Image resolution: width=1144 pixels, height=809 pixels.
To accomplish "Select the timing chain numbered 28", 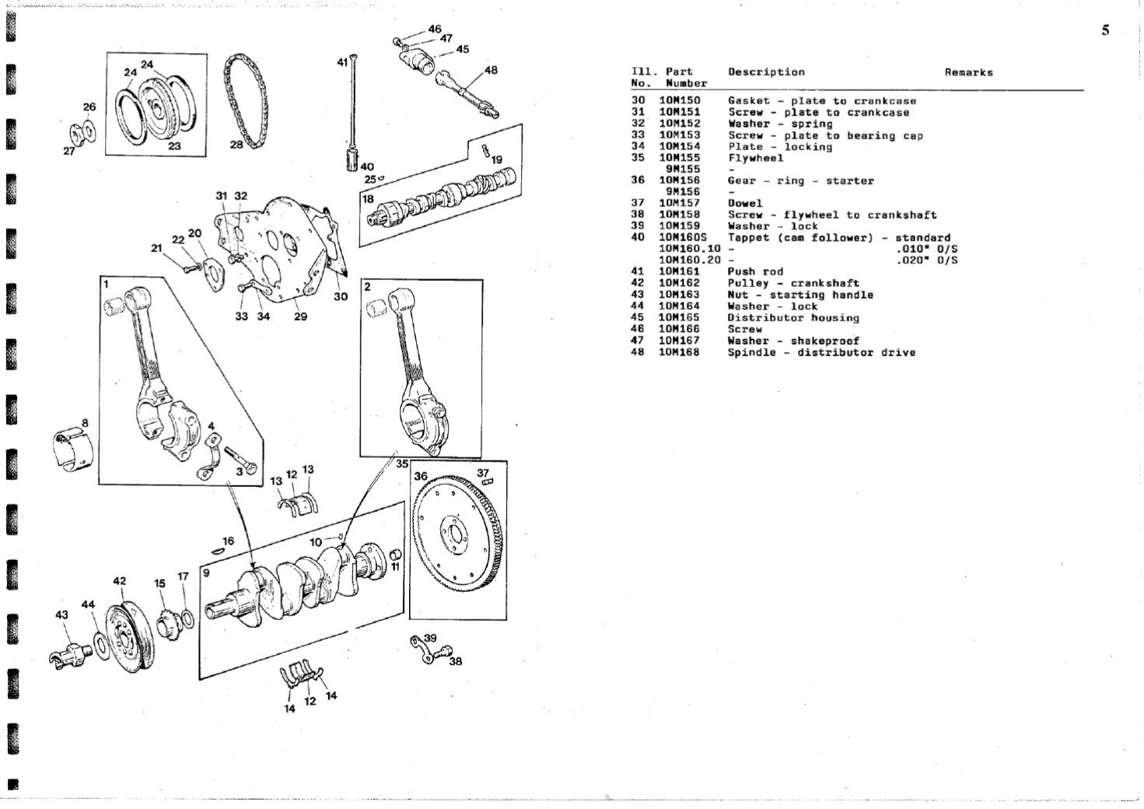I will [246, 99].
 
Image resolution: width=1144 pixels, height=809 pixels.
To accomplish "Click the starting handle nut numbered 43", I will [70, 655].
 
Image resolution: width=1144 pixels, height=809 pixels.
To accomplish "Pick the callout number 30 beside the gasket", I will [341, 296].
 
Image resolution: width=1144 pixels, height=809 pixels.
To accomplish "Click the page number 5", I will [1106, 31].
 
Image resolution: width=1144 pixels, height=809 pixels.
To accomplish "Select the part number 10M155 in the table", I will [680, 158].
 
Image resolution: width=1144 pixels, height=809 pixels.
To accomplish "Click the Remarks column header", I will [968, 72].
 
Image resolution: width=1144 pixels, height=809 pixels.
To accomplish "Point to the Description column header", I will [766, 72].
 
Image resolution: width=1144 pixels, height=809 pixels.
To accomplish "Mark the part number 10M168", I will [680, 352].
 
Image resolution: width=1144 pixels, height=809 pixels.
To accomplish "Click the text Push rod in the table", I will [755, 271].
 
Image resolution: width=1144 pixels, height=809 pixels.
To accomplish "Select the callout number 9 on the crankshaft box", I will [206, 573].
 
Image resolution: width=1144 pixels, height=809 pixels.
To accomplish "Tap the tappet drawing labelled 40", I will [351, 160].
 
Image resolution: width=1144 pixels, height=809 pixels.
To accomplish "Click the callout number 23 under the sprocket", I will [173, 145].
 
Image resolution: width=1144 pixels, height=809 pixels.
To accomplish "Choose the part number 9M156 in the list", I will [683, 192].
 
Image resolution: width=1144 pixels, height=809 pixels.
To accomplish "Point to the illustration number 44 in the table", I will [638, 306].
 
